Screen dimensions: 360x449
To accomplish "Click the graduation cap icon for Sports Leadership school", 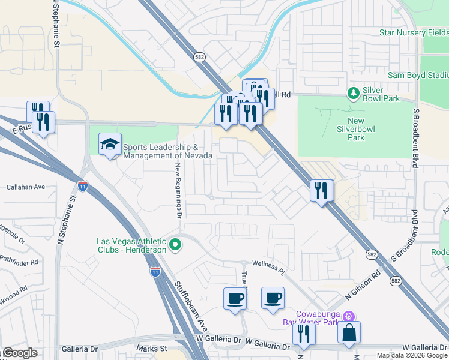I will [110, 144].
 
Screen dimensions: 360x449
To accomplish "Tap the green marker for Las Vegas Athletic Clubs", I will [176, 245].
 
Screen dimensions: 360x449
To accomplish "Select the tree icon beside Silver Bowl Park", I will [354, 93].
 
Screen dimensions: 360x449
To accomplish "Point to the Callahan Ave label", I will [26, 187].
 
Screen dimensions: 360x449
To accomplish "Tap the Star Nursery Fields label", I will [413, 32].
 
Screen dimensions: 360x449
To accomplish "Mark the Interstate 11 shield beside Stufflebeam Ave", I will [155, 272].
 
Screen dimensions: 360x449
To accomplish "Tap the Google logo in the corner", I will [19, 353].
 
